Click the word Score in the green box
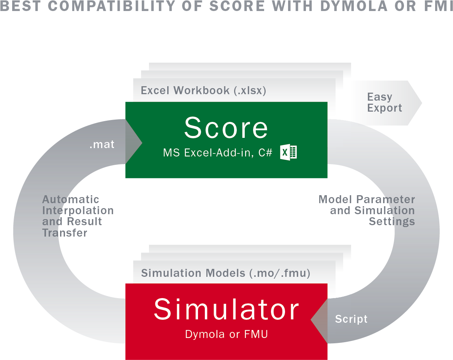pyautogui.click(x=226, y=128)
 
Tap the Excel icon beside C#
pyautogui.click(x=288, y=152)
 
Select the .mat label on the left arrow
pyautogui.click(x=102, y=145)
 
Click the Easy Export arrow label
pyautogui.click(x=384, y=103)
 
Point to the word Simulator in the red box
pyautogui.click(x=226, y=310)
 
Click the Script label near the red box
pyautogui.click(x=351, y=319)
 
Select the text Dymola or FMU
pyautogui.click(x=226, y=334)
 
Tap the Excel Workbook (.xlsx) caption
pyautogui.click(x=203, y=91)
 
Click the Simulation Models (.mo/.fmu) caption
pyautogui.click(x=226, y=273)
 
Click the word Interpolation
pyautogui.click(x=78, y=210)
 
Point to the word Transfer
pyautogui.click(x=65, y=232)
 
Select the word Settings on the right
pyautogui.click(x=391, y=221)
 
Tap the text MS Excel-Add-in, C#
pyautogui.click(x=217, y=153)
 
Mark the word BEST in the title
pyautogui.click(x=17, y=6)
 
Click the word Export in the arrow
pyautogui.click(x=384, y=108)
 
